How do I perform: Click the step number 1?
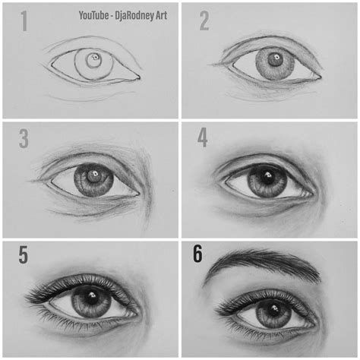pos(24,21)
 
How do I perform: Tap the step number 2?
pos(204,21)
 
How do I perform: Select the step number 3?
pos(24,139)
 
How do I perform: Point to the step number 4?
pos(202,139)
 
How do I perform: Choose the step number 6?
pos(197,254)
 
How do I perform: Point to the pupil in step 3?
pos(94,179)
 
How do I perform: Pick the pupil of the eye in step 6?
pos(269,311)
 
